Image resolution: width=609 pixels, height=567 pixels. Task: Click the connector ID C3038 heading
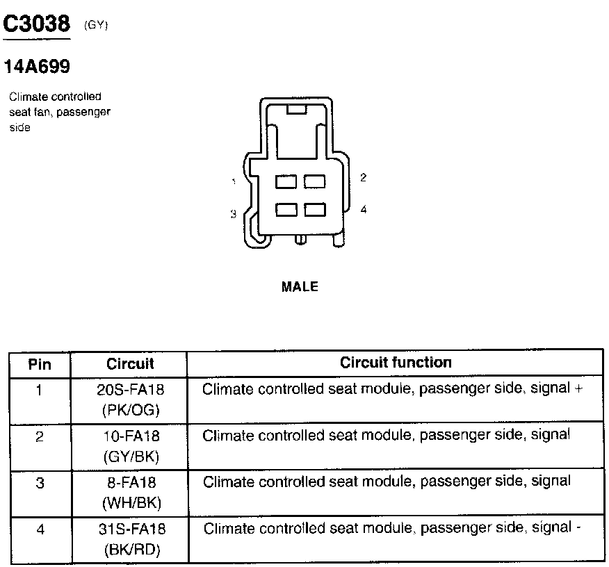tap(37, 24)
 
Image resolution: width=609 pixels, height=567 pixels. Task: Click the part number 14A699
tap(37, 67)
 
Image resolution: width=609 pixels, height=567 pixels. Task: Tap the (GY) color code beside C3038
tap(96, 26)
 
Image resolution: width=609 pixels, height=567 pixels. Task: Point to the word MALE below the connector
tap(300, 286)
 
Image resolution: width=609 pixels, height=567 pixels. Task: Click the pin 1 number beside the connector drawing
tap(234, 182)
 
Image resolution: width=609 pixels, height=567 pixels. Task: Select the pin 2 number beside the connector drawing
tap(363, 178)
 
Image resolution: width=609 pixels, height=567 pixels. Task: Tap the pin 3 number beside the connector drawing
tap(234, 215)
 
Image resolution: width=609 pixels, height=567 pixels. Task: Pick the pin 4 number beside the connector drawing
tap(363, 209)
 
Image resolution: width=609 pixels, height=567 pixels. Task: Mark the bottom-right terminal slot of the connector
tap(315, 209)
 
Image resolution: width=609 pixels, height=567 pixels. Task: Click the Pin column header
tap(40, 364)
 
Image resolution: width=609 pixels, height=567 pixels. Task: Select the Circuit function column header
tap(396, 363)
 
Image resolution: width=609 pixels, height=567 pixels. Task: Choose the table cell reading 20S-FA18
tap(131, 390)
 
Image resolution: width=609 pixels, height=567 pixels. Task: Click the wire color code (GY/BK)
tap(131, 457)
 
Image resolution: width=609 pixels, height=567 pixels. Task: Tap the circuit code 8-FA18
tap(131, 482)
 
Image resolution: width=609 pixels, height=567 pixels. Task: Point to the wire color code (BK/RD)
tap(131, 550)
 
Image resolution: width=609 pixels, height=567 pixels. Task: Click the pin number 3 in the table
tap(40, 482)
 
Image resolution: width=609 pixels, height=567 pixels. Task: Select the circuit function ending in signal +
tap(392, 389)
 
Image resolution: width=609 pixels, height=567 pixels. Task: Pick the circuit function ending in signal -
tap(392, 528)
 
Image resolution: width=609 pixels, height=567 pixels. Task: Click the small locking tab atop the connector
tap(296, 109)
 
